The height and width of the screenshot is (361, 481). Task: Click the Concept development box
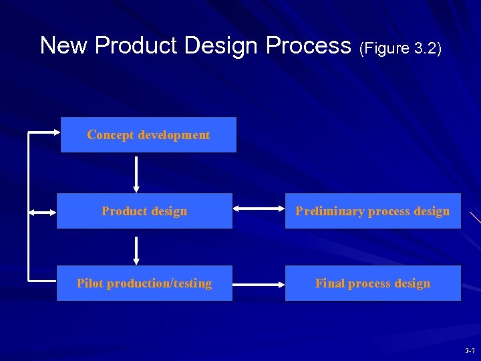[x=148, y=135]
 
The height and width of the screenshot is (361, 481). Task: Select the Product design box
[x=144, y=211]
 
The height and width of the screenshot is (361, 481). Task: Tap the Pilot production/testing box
[x=144, y=283]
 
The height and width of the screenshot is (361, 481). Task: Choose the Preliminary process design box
[x=373, y=211]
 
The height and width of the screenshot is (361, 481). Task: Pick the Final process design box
[x=373, y=283]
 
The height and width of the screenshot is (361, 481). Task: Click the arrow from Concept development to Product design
[x=136, y=174]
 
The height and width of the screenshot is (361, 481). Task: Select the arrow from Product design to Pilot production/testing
[x=136, y=249]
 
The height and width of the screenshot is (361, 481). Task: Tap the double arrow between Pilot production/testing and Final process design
[x=259, y=284]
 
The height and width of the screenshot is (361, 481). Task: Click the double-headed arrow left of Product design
[x=42, y=213]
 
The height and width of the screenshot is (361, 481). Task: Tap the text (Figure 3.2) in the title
[x=400, y=48]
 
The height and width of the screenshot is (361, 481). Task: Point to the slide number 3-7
[x=470, y=351]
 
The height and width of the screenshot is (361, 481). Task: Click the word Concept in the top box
[x=110, y=135]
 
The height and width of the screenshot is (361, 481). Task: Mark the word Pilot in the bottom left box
[x=90, y=283]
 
